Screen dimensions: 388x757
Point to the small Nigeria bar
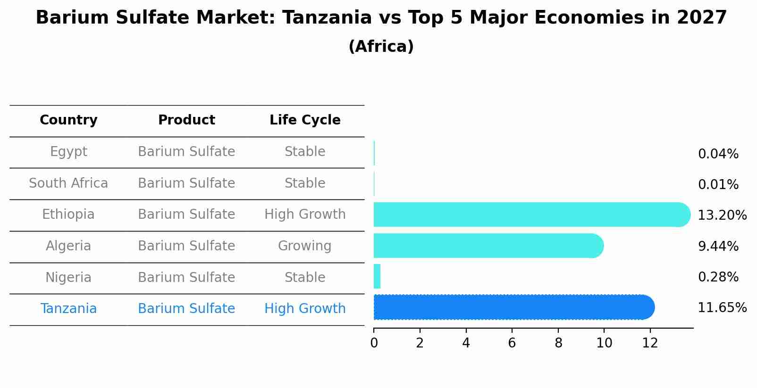coord(377,276)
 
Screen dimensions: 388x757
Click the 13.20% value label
coord(722,215)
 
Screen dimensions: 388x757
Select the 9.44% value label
coord(718,246)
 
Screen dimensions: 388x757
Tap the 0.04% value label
coord(718,154)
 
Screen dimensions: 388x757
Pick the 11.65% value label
coord(722,308)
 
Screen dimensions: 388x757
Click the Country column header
coord(68,120)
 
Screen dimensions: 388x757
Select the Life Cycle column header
coord(305,120)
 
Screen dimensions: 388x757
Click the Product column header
coord(186,120)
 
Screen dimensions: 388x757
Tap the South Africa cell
coord(68,183)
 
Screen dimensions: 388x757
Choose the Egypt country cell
coord(68,152)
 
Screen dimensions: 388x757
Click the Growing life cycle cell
coord(304,246)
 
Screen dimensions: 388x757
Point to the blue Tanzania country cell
coord(68,309)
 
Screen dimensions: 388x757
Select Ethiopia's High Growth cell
coord(305,215)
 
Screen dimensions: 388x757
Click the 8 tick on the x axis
coord(558,343)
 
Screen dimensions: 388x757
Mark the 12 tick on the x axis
coord(650,343)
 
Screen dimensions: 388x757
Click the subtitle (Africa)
coord(381,47)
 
